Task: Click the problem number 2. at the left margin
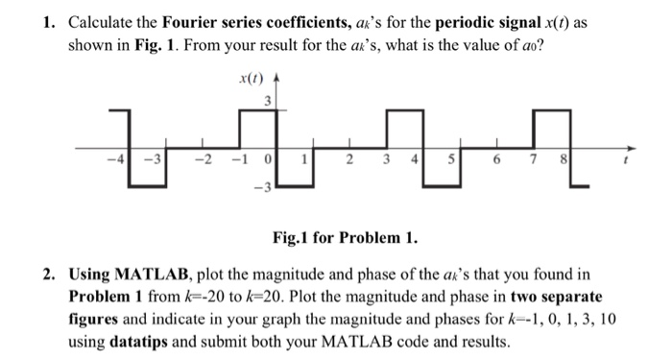click(50, 276)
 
